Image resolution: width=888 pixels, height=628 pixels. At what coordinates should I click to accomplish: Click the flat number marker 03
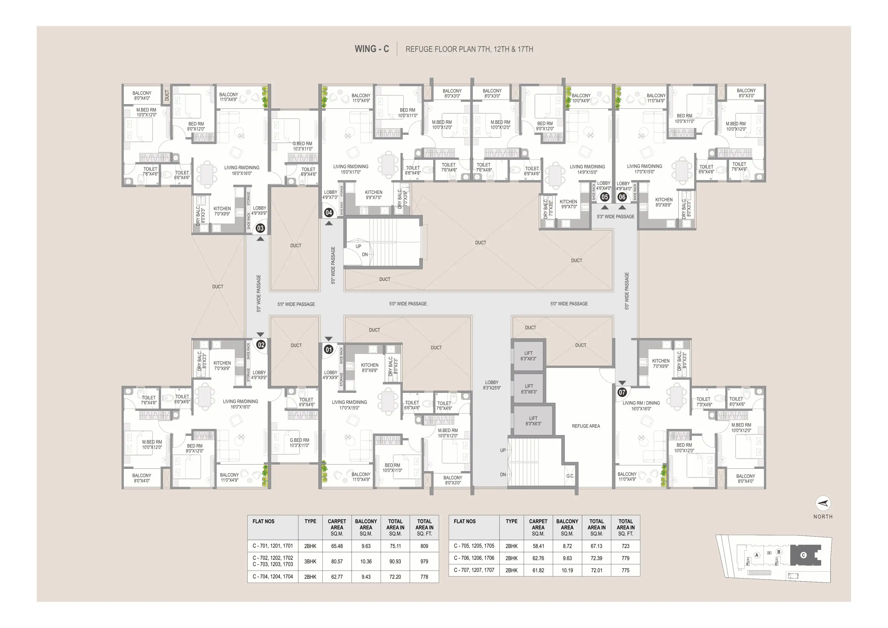[x=260, y=228]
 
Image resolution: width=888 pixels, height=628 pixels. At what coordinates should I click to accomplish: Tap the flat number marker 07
[x=622, y=392]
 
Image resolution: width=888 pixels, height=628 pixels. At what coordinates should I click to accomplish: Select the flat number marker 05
[x=605, y=197]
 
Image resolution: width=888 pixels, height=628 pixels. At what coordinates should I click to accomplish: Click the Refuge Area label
[x=586, y=426]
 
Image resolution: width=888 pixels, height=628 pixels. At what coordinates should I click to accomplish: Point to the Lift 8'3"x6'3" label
[x=533, y=421]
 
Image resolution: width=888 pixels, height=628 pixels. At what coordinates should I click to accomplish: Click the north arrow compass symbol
[x=823, y=503]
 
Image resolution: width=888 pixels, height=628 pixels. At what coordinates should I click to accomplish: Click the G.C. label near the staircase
[x=570, y=476]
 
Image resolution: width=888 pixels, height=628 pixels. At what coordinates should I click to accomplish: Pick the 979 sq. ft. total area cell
[x=424, y=561]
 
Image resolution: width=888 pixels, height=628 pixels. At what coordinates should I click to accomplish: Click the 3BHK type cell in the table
[x=310, y=561]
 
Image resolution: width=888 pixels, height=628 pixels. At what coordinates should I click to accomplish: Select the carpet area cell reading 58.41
[x=538, y=546]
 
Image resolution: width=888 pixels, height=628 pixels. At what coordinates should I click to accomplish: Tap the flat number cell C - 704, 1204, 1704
[x=273, y=576]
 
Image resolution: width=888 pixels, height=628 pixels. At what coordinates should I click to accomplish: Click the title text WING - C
[x=372, y=49]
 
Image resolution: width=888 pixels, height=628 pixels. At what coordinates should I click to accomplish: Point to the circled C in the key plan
[x=803, y=555]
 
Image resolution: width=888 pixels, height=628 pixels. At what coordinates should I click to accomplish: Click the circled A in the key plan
[x=757, y=555]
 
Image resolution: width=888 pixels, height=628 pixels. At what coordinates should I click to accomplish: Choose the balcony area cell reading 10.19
[x=567, y=570]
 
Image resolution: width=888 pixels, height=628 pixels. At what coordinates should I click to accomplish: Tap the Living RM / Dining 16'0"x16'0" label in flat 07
[x=641, y=406]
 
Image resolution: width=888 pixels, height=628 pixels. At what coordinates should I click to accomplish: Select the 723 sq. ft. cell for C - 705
[x=625, y=546]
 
